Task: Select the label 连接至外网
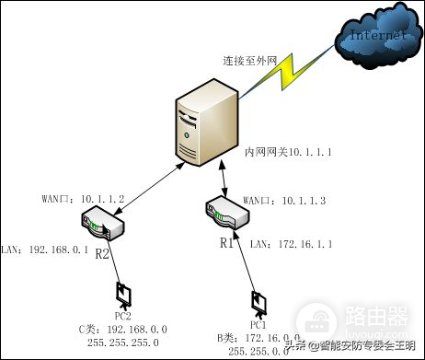pyautogui.click(x=250, y=60)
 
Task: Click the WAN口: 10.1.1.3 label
pyautogui.click(x=271, y=200)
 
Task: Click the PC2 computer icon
pyautogui.click(x=122, y=294)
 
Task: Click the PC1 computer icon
pyautogui.click(x=258, y=303)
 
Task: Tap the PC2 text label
pyautogui.click(x=122, y=316)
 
